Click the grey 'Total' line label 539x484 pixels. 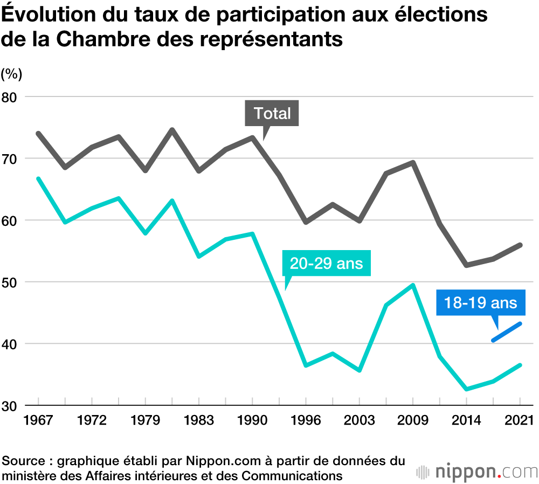pos(272,114)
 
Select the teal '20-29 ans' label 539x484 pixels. pos(327,264)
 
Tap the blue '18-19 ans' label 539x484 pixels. pos(480,302)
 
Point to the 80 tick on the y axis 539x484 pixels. pos(12,97)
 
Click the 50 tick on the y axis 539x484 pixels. pos(12,282)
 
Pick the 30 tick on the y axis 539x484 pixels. pos(12,405)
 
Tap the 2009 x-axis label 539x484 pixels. pos(413,420)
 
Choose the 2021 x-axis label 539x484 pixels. pos(520,420)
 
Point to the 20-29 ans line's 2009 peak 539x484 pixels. pos(413,285)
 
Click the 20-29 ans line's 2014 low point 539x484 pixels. pos(466,389)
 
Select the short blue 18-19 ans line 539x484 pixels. pos(507,331)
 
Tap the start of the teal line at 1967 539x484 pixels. pos(38,178)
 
